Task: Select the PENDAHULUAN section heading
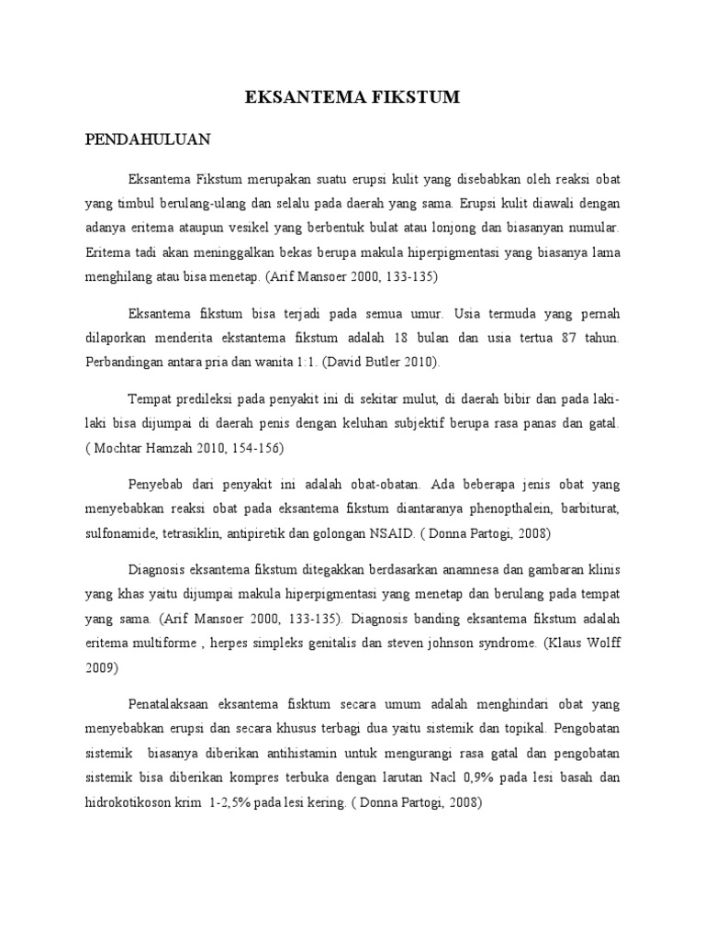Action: tap(148, 140)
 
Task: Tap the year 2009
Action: tap(102, 667)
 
